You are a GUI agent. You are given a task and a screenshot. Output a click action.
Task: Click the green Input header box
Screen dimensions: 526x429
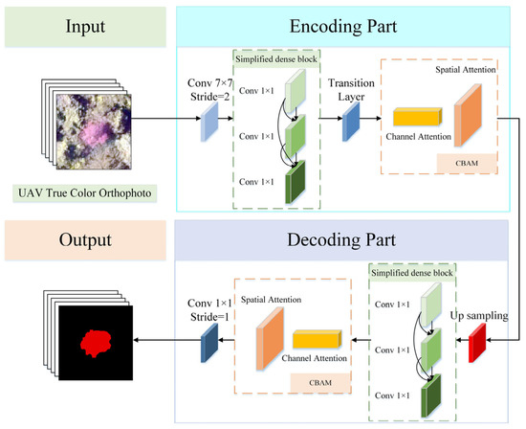[x=85, y=27]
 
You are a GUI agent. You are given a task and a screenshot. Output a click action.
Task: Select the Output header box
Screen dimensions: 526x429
[x=85, y=239]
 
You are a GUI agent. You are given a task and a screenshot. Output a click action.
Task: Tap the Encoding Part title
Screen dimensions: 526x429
[x=343, y=26]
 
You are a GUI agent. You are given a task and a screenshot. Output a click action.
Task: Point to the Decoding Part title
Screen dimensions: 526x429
[x=341, y=239]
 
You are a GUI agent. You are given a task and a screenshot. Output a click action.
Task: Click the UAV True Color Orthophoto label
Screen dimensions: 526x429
[x=85, y=193]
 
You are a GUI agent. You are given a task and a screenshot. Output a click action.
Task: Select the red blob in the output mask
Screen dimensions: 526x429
[x=97, y=343]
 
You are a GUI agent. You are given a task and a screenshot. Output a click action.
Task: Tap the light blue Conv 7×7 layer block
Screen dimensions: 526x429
[x=209, y=122]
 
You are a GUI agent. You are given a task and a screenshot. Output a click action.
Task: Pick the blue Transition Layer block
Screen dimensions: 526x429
[x=351, y=122]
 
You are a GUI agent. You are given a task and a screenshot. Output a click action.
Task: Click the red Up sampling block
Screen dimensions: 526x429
[x=477, y=343]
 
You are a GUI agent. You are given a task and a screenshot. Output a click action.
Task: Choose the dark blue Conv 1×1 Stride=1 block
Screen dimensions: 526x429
[x=209, y=343]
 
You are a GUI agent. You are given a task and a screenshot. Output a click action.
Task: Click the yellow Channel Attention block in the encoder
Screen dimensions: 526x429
[x=418, y=117]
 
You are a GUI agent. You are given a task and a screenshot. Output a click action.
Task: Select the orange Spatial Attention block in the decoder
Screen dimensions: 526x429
[x=270, y=338]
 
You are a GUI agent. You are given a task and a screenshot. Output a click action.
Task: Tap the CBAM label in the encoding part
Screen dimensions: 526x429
[x=467, y=163]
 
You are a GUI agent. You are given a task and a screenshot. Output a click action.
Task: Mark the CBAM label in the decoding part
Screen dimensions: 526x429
[x=320, y=383]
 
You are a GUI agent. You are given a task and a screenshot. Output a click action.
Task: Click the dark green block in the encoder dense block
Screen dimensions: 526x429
[x=296, y=182]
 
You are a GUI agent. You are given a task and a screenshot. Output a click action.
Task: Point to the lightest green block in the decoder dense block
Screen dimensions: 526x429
[x=431, y=305]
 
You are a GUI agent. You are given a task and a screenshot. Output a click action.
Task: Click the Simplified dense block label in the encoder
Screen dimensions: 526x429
[x=276, y=59]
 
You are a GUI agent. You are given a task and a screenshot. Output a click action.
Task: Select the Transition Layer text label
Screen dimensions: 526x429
[x=351, y=90]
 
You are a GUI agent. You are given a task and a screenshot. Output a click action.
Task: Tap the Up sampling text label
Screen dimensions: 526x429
[x=479, y=316]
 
